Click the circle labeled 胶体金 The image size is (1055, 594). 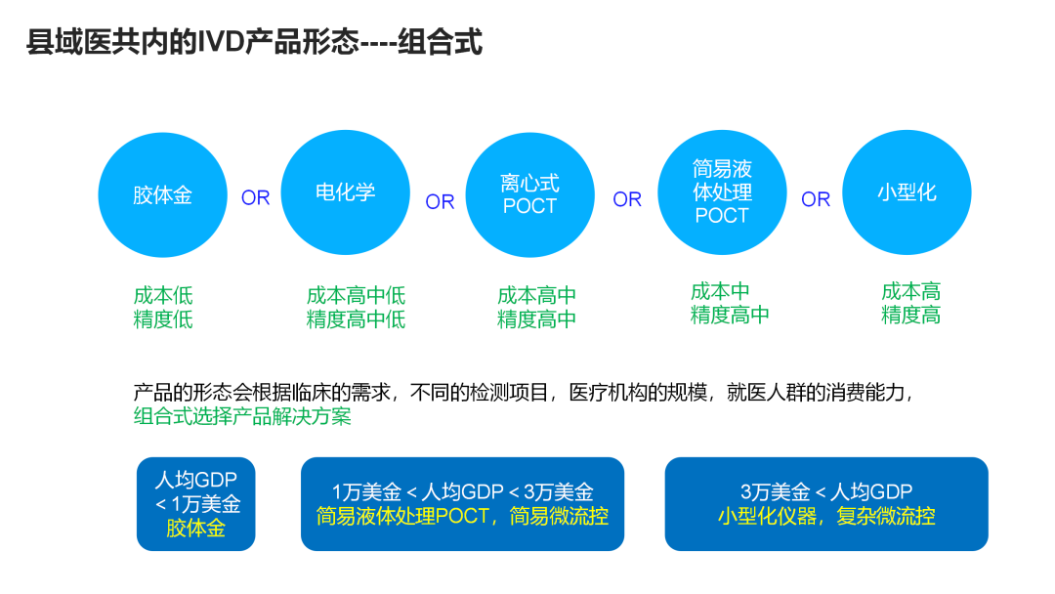[163, 194]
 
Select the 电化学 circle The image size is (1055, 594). [345, 191]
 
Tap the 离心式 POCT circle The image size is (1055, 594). [529, 194]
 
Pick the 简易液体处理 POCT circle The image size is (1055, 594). [722, 191]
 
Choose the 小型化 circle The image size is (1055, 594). [907, 192]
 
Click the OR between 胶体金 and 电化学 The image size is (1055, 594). [255, 198]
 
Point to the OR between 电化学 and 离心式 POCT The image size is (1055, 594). [440, 201]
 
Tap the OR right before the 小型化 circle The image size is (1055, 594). [816, 199]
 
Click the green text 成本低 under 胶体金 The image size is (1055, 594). [163, 295]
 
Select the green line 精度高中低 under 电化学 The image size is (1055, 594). [356, 319]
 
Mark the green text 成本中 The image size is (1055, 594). [720, 291]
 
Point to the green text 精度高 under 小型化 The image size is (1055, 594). [910, 315]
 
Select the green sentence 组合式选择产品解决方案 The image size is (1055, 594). [242, 416]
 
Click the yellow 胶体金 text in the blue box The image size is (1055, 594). [195, 529]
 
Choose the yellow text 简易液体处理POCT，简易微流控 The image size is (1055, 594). [462, 516]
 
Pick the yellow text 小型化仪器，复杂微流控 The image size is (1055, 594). [825, 516]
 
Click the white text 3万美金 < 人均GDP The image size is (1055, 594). [825, 492]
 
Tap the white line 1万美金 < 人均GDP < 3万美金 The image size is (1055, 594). [462, 492]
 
